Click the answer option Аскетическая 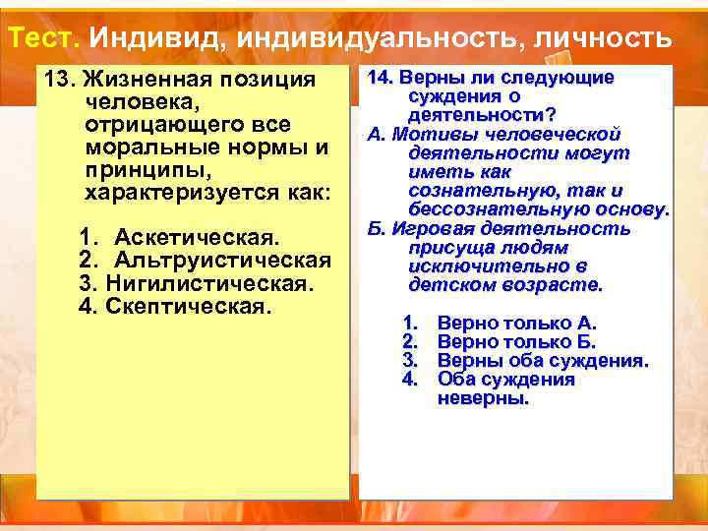[x=197, y=239]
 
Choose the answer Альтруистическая [x=221, y=261]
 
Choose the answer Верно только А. [x=516, y=323]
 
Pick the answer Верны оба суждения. [x=543, y=360]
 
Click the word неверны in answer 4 [x=482, y=398]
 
